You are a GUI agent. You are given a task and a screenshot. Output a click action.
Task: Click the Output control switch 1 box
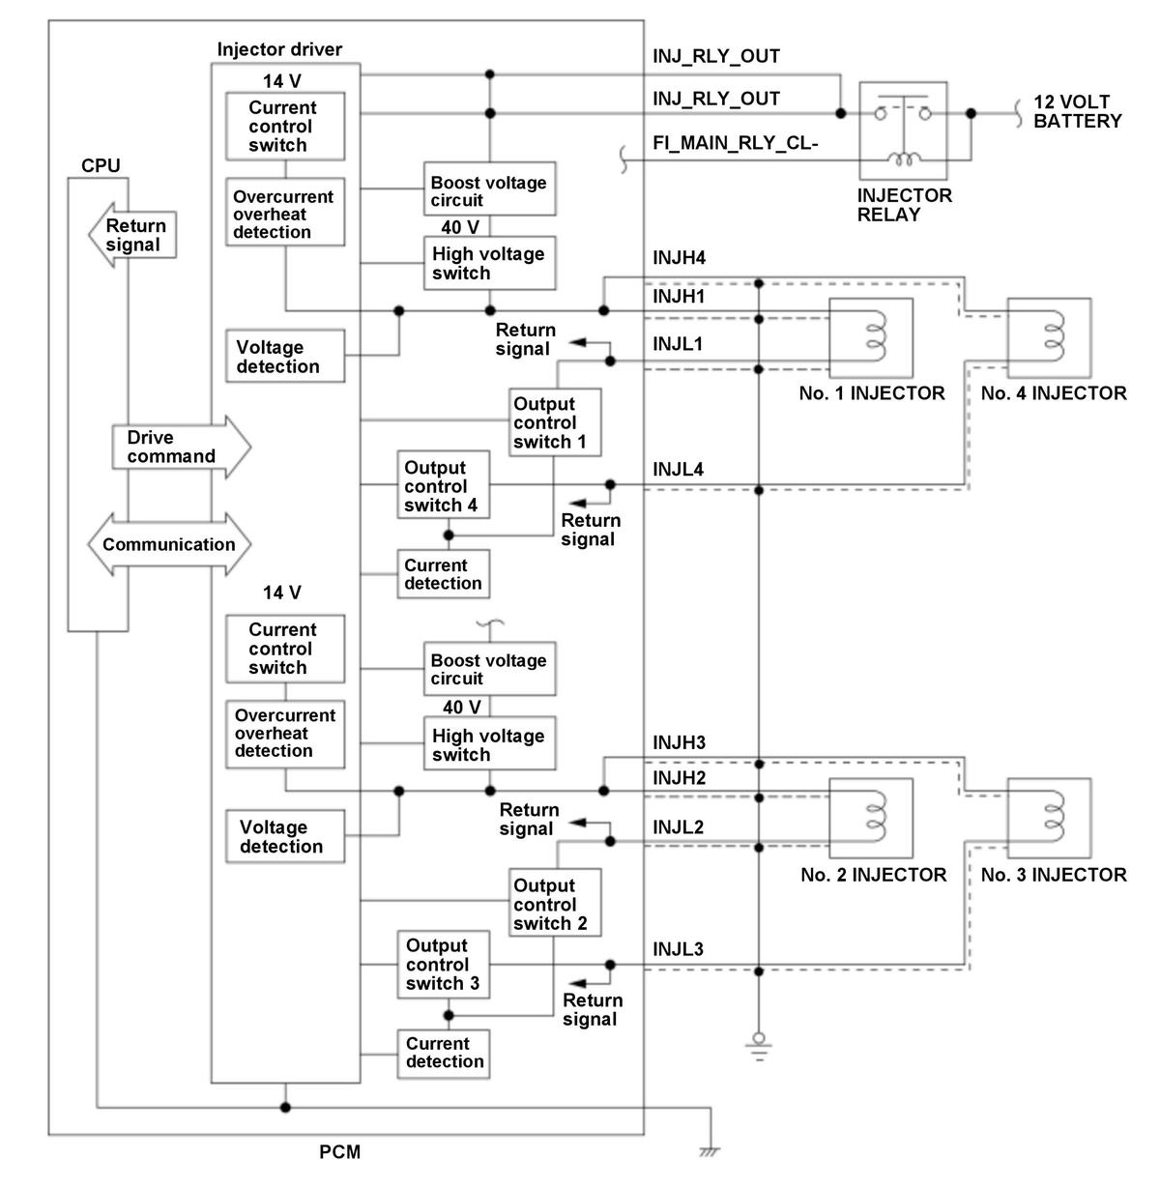(556, 422)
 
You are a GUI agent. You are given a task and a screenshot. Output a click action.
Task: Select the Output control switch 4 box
(442, 485)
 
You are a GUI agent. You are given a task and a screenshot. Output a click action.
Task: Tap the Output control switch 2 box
(556, 903)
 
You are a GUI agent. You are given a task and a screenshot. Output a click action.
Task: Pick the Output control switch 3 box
(443, 964)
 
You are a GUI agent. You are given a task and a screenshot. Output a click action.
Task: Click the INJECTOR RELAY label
(904, 204)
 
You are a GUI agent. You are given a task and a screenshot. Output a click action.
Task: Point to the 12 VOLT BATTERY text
(1076, 111)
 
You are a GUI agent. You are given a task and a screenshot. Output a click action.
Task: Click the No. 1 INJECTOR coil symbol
(876, 335)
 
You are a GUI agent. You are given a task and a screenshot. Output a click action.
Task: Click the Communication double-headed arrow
(169, 544)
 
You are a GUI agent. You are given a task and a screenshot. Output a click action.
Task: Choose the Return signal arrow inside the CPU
(132, 234)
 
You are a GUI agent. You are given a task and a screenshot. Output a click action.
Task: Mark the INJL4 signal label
(679, 470)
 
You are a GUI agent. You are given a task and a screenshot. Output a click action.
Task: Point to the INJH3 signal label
(679, 742)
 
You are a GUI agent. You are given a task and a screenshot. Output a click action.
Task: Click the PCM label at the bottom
(339, 1152)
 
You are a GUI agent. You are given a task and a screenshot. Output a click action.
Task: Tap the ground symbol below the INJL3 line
(759, 1045)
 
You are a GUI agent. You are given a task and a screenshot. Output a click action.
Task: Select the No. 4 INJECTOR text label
(1053, 393)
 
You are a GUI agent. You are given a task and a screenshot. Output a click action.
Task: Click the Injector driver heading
(279, 49)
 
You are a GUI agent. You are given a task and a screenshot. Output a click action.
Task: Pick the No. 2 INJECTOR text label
(873, 875)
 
